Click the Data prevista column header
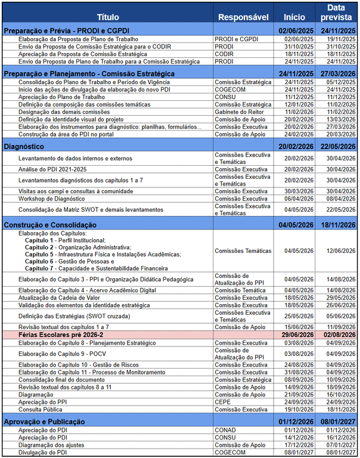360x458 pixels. (338, 13)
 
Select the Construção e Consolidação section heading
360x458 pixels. (50, 224)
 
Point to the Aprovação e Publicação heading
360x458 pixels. (44, 422)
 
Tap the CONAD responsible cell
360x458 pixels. (225, 429)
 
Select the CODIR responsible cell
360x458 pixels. (224, 54)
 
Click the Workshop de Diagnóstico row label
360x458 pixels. (51, 199)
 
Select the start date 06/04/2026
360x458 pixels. (299, 199)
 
